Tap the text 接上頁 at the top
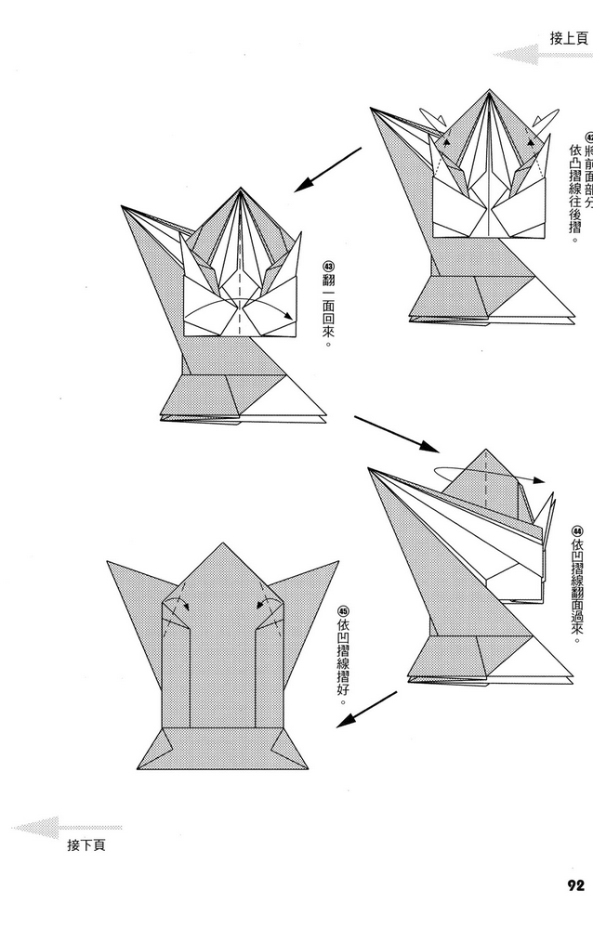pos(568,38)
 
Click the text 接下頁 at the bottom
pos(86,845)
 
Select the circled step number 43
pos(327,264)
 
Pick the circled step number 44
pos(577,530)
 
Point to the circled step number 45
pos(343,611)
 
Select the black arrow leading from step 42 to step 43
pos(327,169)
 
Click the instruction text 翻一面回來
pos(327,311)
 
